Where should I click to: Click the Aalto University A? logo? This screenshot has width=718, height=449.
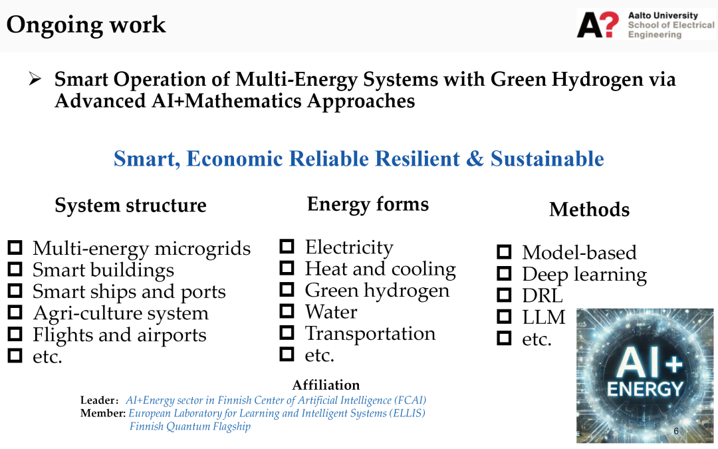598,25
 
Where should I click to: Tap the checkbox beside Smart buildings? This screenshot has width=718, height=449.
15,269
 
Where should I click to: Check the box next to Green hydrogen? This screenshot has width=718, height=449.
287,289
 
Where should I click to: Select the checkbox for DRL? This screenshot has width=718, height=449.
504,295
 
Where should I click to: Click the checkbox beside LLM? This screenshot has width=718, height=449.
504,316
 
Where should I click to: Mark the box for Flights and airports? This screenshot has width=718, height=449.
15,334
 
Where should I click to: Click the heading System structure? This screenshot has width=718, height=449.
130,206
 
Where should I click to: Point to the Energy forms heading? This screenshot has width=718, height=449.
368,204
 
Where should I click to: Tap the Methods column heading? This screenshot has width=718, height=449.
589,210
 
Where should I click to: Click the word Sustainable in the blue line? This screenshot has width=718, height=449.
547,158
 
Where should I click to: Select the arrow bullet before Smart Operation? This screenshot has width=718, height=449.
35,78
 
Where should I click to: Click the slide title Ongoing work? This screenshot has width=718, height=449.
86,25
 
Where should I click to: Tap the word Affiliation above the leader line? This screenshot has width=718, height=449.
326,385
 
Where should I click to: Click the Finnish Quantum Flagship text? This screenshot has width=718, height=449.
190,426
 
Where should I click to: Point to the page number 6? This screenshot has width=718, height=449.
676,431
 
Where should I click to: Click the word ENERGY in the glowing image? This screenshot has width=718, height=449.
645,389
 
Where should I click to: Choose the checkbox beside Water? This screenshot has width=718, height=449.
287,311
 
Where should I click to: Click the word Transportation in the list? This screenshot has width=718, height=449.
370,333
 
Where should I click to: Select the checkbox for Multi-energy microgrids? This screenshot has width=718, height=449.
15,247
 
